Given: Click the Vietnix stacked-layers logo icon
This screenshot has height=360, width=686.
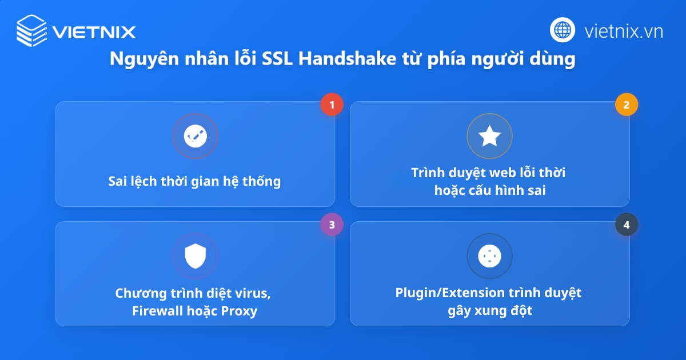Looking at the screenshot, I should pyautogui.click(x=31, y=30).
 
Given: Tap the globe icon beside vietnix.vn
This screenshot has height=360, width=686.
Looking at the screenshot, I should pyautogui.click(x=563, y=29).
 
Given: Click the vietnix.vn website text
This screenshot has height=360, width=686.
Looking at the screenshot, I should pyautogui.click(x=624, y=31).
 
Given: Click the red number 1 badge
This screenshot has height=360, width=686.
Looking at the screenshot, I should pyautogui.click(x=332, y=105).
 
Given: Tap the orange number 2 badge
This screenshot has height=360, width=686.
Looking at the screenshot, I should pyautogui.click(x=627, y=105).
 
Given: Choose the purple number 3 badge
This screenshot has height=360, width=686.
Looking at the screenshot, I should pyautogui.click(x=332, y=225).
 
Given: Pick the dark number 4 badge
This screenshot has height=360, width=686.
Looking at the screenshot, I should pyautogui.click(x=627, y=225).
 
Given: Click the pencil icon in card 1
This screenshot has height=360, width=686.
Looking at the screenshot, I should pyautogui.click(x=195, y=136).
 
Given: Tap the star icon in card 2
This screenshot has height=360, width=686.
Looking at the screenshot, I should pyautogui.click(x=489, y=136).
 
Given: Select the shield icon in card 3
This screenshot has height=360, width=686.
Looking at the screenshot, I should pyautogui.click(x=195, y=256).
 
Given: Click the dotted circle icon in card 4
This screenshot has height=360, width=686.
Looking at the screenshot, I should pyautogui.click(x=489, y=256).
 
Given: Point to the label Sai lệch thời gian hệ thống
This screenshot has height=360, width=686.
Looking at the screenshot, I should pyautogui.click(x=195, y=182).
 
